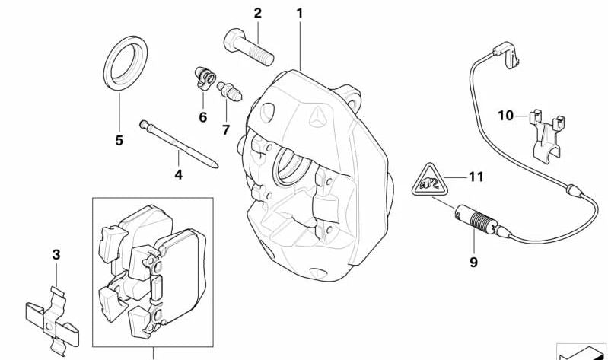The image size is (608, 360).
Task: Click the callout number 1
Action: (299, 14)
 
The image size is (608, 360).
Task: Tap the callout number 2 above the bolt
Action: (258, 14)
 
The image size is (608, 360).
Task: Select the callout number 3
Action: (56, 255)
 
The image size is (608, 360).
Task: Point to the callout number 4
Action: (178, 174)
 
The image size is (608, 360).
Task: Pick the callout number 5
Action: (119, 140)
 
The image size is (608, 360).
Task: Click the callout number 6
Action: (203, 117)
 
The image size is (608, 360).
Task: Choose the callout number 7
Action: (226, 129)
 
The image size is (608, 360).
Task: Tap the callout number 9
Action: (474, 263)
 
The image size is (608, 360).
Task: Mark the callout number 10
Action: (505, 115)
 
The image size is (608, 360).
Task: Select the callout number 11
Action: (476, 177)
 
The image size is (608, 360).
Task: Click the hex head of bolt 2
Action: (234, 39)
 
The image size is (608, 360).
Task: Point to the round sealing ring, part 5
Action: (126, 64)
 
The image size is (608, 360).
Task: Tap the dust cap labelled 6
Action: (205, 78)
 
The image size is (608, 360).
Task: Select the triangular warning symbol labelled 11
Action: (429, 182)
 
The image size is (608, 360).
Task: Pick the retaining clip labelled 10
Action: (546, 134)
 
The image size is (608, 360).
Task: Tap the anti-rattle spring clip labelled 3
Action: (53, 322)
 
